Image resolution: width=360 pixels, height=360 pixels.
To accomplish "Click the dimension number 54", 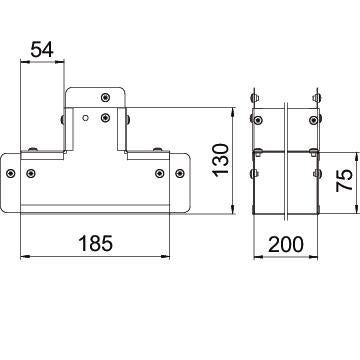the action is coord(42,50).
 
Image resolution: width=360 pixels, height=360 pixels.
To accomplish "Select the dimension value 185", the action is coord(96,243).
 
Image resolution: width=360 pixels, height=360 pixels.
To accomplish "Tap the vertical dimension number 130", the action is coord(221,160).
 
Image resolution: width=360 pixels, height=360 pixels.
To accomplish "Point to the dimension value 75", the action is coord(344,180).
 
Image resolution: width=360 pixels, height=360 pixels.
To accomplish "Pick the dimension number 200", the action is coord(286,244).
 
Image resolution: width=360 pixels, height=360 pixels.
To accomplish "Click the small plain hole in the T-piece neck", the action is coord(86,118).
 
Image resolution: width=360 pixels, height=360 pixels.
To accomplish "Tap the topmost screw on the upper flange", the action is coord(105,97).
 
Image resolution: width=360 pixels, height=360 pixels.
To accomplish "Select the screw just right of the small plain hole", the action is coord(105,117).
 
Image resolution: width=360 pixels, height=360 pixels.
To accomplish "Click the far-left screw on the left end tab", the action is coord(11,173).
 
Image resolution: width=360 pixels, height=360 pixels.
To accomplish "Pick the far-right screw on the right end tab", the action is coord(180,173).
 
